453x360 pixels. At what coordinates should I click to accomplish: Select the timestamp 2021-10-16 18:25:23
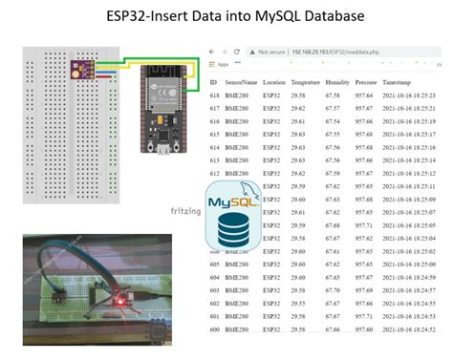[x=410, y=96]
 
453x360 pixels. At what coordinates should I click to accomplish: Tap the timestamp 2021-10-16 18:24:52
[x=410, y=327]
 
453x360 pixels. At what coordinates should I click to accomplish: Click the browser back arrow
[x=212, y=50]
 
